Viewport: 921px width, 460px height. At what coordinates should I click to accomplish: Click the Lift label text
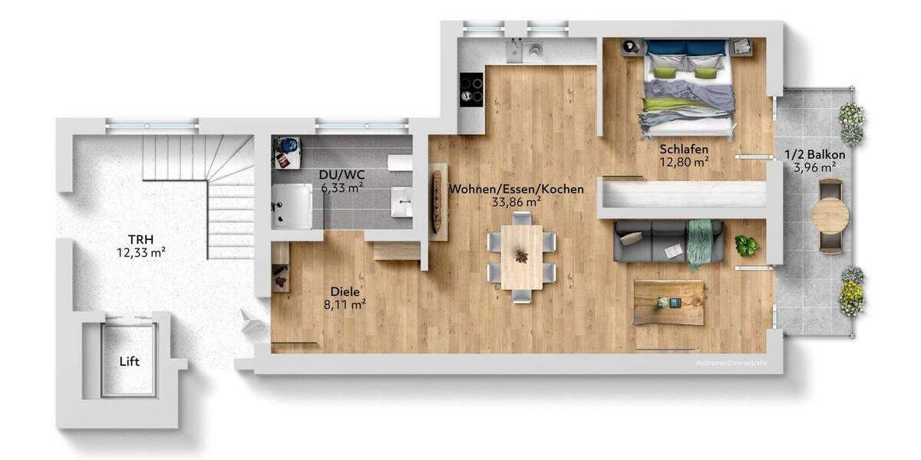[x=129, y=361]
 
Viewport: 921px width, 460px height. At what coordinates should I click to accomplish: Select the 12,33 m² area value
[x=140, y=251]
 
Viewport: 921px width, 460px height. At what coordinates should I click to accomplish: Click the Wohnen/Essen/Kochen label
[x=517, y=189]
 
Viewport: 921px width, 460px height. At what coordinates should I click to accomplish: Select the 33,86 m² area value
[x=517, y=202]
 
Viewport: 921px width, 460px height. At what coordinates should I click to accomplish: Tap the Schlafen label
[x=683, y=149]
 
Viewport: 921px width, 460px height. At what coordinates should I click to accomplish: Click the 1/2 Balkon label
[x=815, y=155]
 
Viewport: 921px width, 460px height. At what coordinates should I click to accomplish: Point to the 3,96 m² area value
[x=815, y=167]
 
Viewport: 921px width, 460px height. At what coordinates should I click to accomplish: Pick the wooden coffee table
[x=668, y=302]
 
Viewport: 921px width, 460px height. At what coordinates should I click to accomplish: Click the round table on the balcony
[x=830, y=215]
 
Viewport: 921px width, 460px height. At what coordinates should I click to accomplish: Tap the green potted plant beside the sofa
[x=746, y=245]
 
